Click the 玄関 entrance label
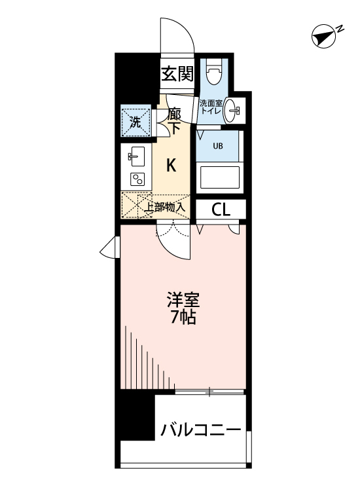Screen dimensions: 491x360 (x=177, y=74)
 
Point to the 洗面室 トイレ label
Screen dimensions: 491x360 (x=211, y=107)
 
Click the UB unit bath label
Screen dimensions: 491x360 (x=217, y=146)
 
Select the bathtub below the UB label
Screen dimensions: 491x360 (x=220, y=177)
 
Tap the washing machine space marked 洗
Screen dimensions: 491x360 (x=135, y=120)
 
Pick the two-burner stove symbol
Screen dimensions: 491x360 (x=137, y=179)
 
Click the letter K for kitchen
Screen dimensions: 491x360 (x=170, y=166)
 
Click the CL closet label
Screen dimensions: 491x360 (x=221, y=209)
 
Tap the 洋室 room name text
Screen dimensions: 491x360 (x=183, y=302)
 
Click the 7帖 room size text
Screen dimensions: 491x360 (x=183, y=319)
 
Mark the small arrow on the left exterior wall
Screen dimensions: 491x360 (x=108, y=248)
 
